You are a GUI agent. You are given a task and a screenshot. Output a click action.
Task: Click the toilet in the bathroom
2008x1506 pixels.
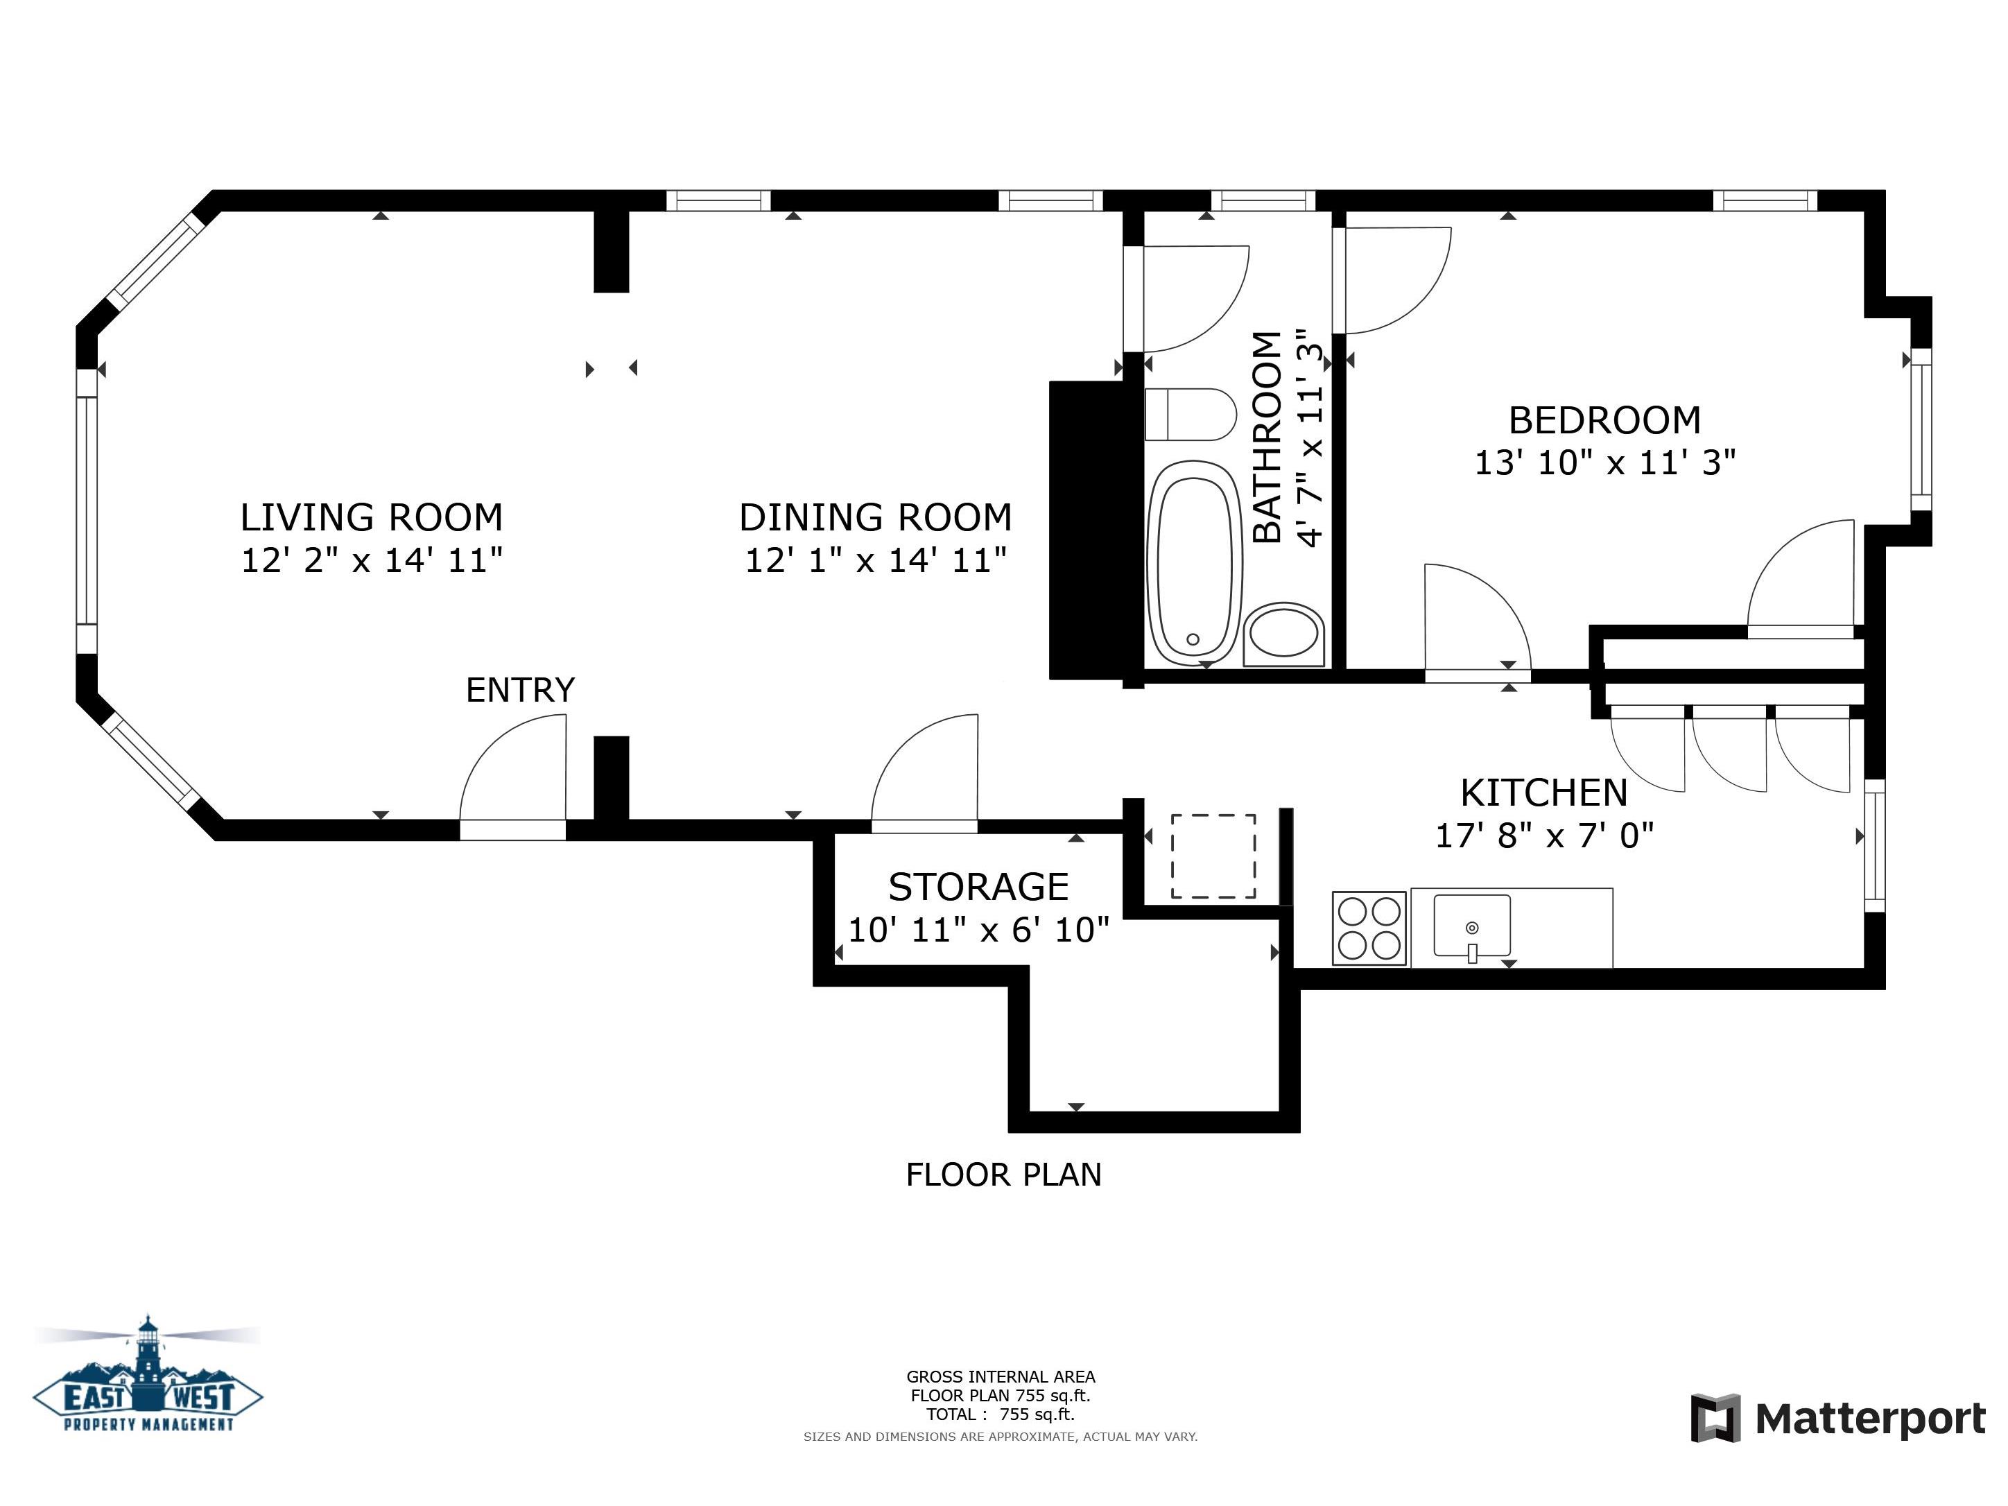[1190, 415]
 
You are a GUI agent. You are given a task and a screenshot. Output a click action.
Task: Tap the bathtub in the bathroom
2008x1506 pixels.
[1194, 563]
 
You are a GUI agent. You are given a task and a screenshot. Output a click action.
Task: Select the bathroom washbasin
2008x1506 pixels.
[1283, 634]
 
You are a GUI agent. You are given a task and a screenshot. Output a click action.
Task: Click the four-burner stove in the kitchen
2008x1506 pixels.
[1369, 928]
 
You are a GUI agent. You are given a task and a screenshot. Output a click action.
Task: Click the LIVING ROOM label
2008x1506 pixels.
[371, 517]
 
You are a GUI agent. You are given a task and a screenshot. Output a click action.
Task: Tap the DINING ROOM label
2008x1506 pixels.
[875, 517]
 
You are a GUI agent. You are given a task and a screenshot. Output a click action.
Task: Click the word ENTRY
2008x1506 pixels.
[520, 690]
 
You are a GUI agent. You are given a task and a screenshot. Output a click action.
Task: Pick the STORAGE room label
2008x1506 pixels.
[978, 887]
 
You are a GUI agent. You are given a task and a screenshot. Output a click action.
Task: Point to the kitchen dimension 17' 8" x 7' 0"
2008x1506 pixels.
[1544, 835]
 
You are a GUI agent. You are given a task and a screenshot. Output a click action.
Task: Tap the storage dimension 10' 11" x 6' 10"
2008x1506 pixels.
[978, 930]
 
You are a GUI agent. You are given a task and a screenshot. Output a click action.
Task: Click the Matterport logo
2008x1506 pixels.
[1837, 1418]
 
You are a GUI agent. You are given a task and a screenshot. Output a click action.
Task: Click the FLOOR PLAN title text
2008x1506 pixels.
[1003, 1175]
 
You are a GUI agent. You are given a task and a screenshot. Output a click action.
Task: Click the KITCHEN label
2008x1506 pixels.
[1544, 793]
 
